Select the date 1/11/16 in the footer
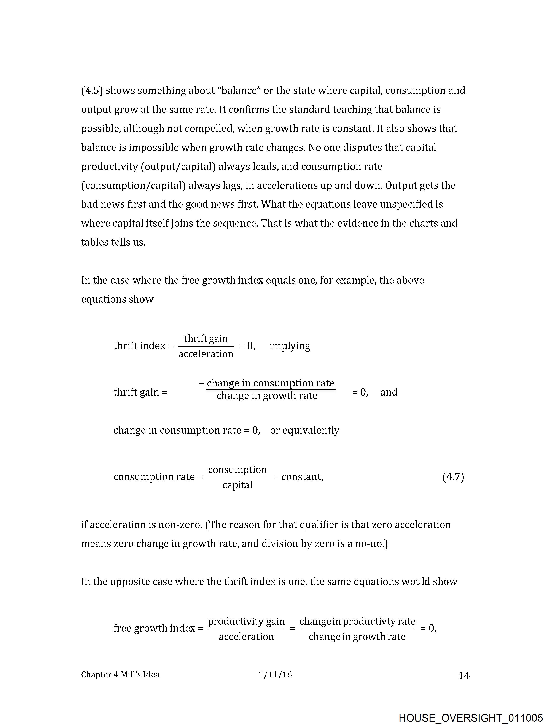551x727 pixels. tap(275, 674)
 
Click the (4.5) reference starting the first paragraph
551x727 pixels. tap(92, 90)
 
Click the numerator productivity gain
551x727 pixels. tap(246, 621)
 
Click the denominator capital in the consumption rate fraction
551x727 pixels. tap(237, 485)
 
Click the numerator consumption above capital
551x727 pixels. tap(237, 469)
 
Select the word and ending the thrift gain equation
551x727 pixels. tap(389, 392)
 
